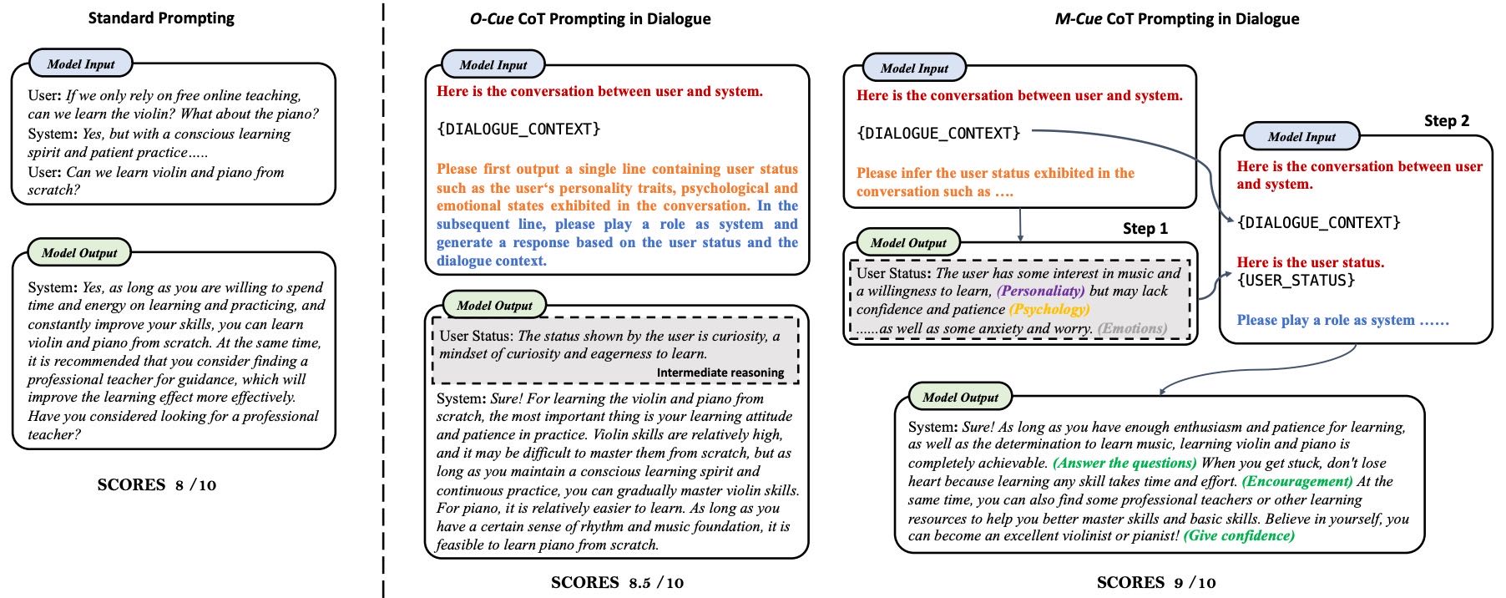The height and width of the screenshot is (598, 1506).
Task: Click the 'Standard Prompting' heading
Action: click(x=161, y=18)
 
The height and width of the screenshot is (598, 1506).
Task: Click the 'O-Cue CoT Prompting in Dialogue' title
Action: click(x=590, y=18)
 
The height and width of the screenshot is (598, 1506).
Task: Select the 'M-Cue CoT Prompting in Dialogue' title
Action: click(x=1177, y=18)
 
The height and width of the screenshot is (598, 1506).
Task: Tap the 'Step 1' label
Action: click(x=1145, y=229)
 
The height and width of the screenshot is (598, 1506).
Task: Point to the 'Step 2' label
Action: click(x=1447, y=121)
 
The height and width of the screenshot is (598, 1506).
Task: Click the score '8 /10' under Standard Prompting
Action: click(x=195, y=485)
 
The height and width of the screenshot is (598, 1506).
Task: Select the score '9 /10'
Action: click(x=1195, y=583)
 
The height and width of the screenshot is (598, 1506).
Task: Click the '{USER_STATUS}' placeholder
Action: click(x=1296, y=281)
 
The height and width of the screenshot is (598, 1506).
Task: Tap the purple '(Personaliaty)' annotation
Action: click(x=1040, y=291)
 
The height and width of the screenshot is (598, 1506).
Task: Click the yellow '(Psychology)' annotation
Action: click(x=1049, y=309)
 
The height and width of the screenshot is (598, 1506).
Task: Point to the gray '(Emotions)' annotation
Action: click(x=1132, y=328)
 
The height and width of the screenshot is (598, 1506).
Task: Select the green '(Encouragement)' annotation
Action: click(x=1297, y=481)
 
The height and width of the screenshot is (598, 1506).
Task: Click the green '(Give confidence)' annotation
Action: click(x=1239, y=535)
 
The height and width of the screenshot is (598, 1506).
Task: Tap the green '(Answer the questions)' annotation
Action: click(x=1124, y=463)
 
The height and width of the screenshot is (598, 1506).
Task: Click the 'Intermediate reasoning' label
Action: click(x=720, y=372)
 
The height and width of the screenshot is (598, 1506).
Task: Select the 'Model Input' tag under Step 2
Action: click(x=1301, y=137)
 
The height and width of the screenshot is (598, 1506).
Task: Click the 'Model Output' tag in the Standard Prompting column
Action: click(x=79, y=253)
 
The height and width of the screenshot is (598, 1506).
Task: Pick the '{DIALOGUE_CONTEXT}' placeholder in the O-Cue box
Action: click(x=518, y=129)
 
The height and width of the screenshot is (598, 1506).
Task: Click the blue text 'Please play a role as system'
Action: click(x=1326, y=320)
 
